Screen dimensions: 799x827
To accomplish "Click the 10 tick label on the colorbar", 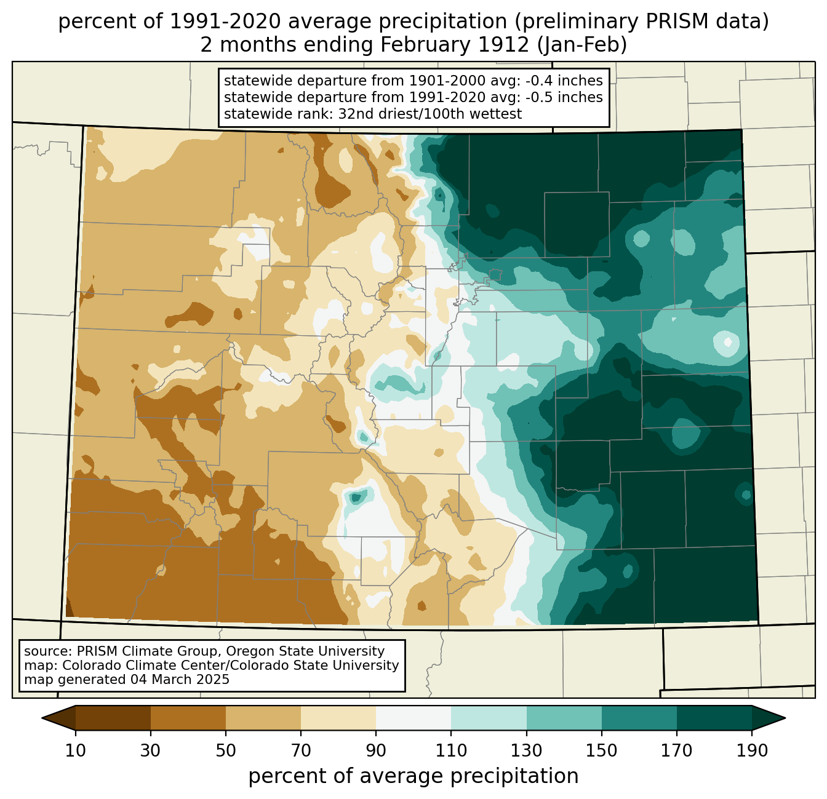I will point(76,750).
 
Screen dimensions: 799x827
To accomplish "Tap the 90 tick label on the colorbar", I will point(376,750).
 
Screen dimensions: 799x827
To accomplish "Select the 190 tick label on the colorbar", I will point(752,750).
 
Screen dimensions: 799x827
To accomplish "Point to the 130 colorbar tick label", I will point(527,750).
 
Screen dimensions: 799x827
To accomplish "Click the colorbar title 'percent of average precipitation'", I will point(413,776).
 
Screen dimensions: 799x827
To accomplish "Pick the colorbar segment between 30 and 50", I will point(188,718).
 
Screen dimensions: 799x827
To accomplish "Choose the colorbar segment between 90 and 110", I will point(413,718).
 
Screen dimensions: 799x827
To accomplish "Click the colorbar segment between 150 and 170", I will point(639,718).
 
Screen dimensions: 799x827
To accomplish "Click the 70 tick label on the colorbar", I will point(301,750).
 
